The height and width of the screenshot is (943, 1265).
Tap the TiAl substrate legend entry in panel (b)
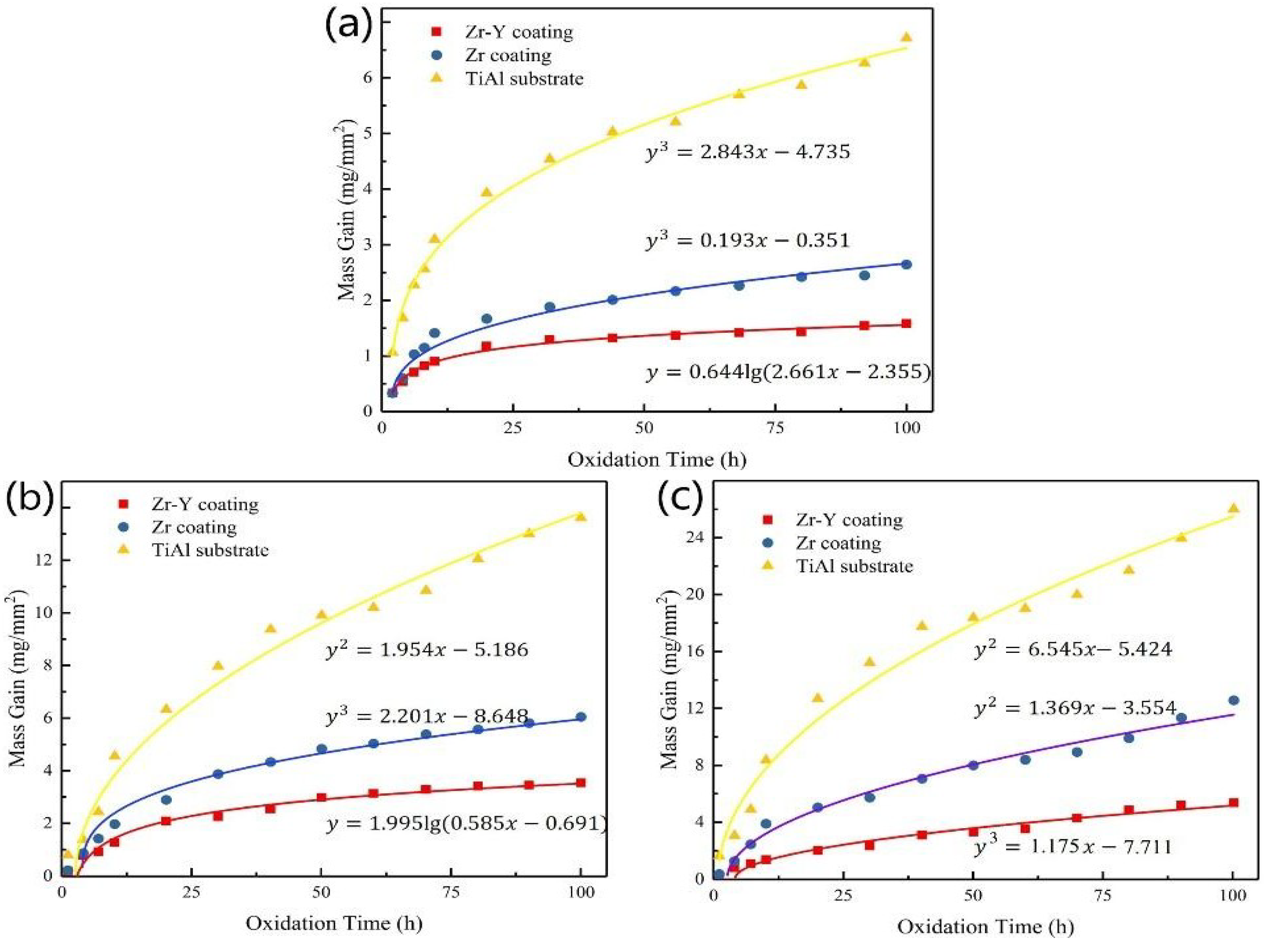coord(194,550)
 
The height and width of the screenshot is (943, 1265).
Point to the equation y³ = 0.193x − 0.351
coord(747,240)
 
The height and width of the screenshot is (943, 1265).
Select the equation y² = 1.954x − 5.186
coord(427,649)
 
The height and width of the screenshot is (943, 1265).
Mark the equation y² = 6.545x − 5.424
coord(1073,649)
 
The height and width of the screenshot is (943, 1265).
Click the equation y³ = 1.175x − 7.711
coord(1073,846)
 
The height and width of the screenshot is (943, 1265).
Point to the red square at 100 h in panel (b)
coord(581,782)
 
